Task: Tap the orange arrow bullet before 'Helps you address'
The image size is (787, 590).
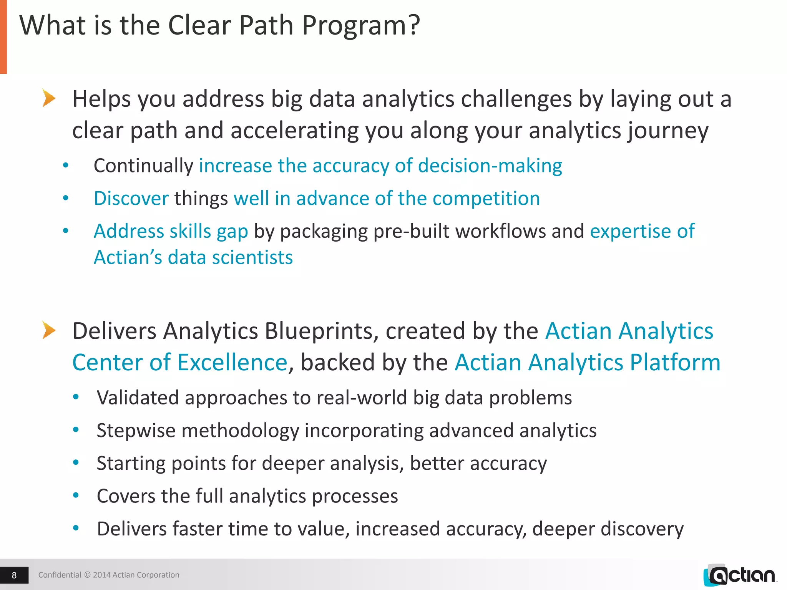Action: [49, 98]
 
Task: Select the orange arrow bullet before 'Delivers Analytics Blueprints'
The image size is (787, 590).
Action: [49, 330]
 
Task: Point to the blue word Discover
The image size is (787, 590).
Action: [131, 199]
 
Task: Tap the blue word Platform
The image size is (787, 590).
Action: [675, 363]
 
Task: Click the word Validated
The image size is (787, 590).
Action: [138, 398]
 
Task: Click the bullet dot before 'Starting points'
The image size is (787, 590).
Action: [76, 463]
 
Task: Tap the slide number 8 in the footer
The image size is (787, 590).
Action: [14, 575]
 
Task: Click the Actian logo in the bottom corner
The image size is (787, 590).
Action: [740, 575]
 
